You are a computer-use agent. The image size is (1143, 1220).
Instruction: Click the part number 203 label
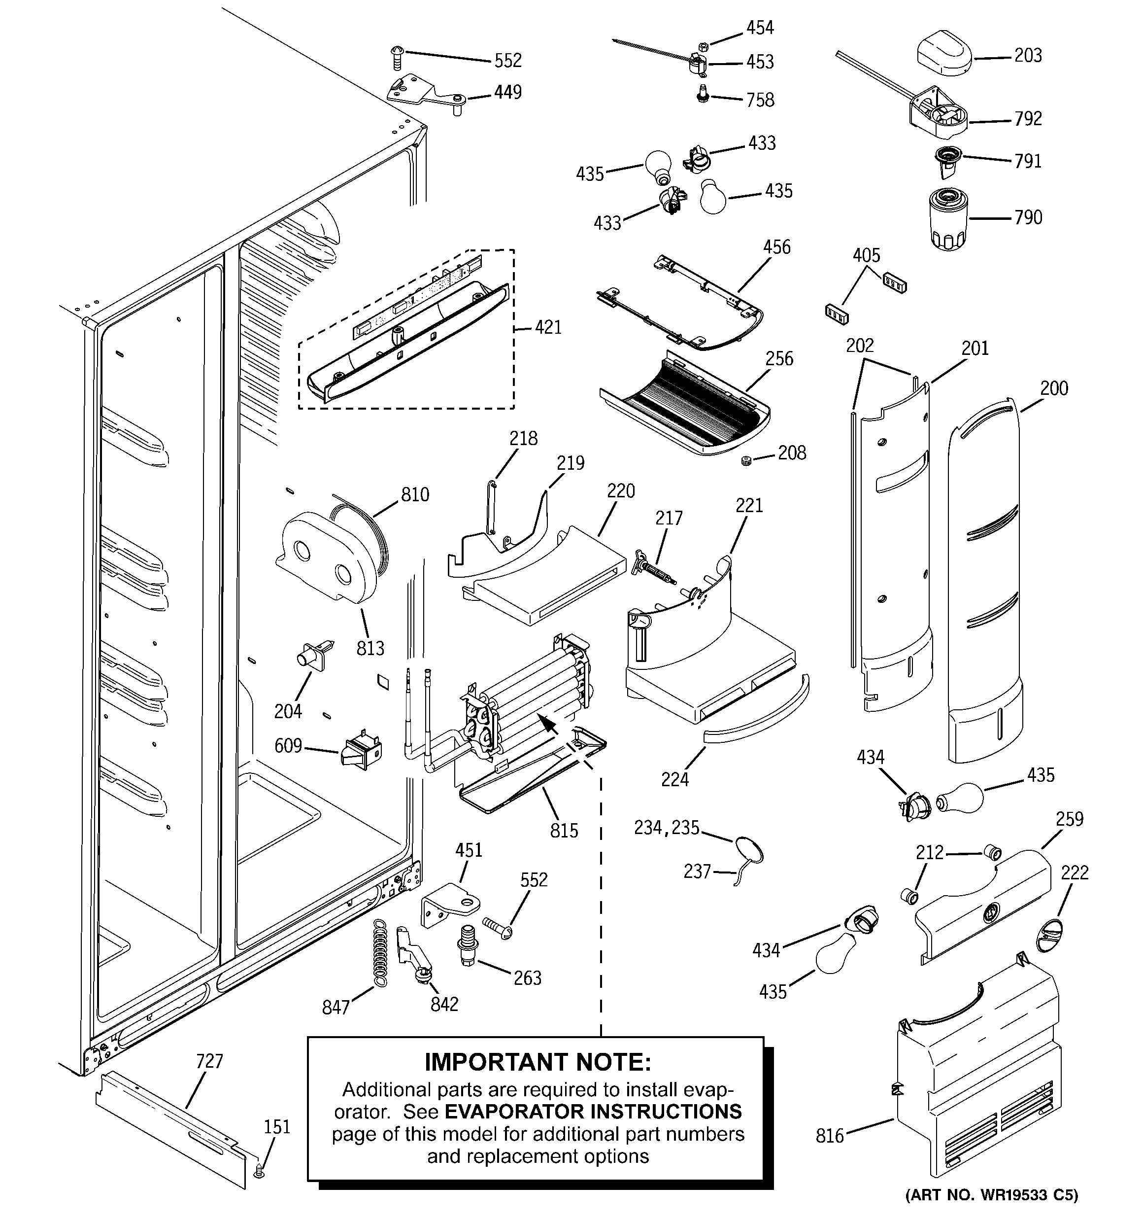(1028, 56)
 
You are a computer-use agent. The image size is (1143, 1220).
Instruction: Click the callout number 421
(548, 328)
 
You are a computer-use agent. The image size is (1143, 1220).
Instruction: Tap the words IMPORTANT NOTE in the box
(538, 1061)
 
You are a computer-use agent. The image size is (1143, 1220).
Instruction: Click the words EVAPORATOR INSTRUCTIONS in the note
(593, 1112)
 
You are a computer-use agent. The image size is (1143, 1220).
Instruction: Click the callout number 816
(830, 1136)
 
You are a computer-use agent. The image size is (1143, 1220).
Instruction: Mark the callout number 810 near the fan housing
(415, 494)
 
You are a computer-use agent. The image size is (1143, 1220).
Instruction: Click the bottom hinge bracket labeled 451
(450, 904)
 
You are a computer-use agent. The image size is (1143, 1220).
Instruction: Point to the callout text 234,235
(666, 828)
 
